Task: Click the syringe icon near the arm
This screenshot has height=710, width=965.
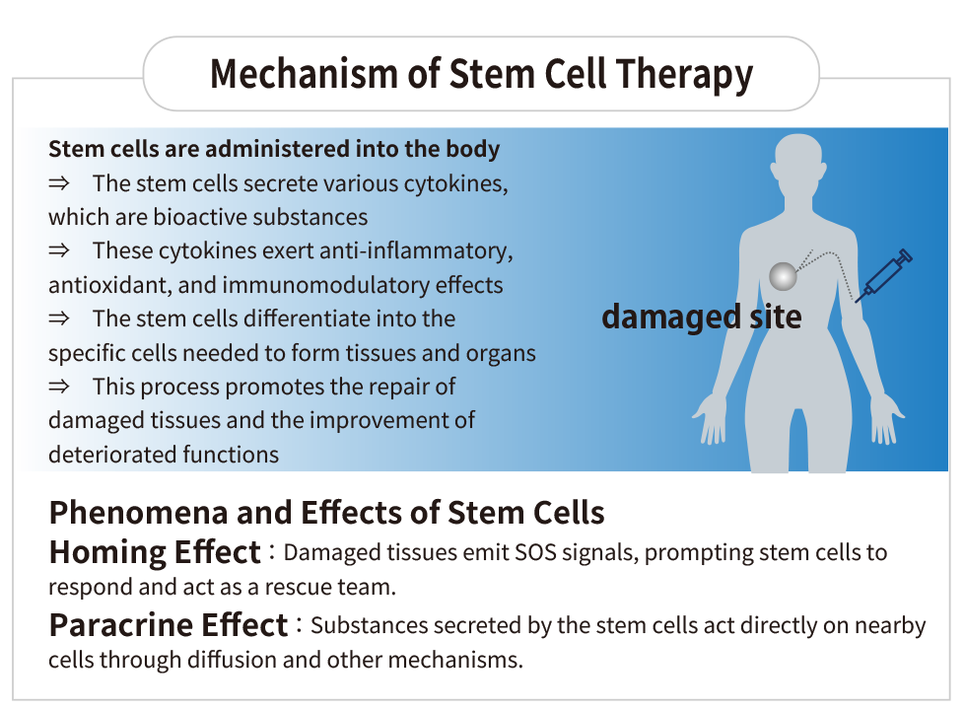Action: pyautogui.click(x=884, y=275)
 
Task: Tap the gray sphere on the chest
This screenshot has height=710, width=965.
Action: pyautogui.click(x=783, y=276)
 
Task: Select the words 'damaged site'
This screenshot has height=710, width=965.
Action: pyautogui.click(x=702, y=318)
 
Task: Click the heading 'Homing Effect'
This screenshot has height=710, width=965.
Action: pyautogui.click(x=155, y=552)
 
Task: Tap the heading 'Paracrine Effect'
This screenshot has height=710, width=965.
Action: pyautogui.click(x=169, y=625)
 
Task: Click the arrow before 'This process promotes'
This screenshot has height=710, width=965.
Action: pyautogui.click(x=59, y=387)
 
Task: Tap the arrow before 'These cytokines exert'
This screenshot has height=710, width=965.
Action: pyautogui.click(x=59, y=250)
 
